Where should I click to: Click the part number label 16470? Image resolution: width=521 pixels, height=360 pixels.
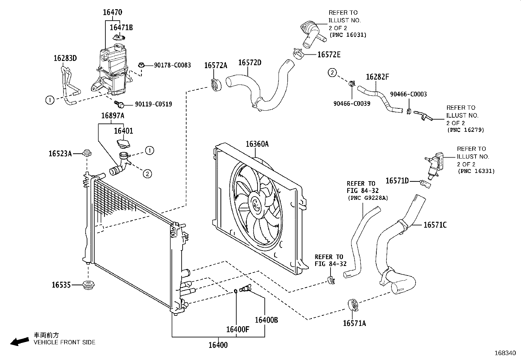(x=113, y=12)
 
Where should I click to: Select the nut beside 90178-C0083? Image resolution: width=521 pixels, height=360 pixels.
(x=141, y=65)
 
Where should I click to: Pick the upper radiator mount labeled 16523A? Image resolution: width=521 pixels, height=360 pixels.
(x=87, y=153)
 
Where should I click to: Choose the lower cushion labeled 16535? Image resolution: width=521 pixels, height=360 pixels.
(x=88, y=285)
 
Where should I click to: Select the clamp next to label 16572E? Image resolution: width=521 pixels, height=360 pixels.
(x=298, y=54)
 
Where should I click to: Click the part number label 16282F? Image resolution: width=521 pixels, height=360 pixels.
(x=377, y=77)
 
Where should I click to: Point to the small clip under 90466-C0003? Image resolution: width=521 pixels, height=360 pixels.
(x=409, y=112)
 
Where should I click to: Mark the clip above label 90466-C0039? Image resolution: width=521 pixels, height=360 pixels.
(x=352, y=83)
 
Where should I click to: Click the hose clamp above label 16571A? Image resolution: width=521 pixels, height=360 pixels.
(x=353, y=305)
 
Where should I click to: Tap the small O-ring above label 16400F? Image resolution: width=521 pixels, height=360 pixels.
(x=236, y=291)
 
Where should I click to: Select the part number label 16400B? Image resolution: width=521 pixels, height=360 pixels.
(x=266, y=320)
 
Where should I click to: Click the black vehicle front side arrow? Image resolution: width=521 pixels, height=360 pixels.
(x=20, y=341)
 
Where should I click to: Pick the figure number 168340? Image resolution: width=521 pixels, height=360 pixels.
(x=505, y=353)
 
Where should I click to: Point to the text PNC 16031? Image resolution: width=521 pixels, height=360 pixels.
(x=348, y=35)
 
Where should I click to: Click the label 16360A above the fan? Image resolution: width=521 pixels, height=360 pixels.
(x=257, y=144)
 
